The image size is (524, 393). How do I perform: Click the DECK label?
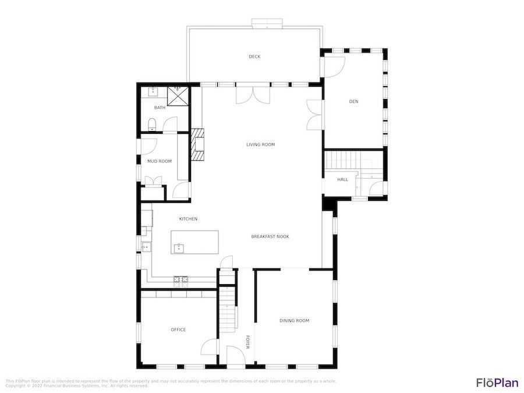(x=254, y=56)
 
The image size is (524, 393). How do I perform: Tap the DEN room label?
(x=353, y=101)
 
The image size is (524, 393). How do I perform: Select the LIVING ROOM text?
(x=260, y=144)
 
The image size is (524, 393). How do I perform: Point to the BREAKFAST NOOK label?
(x=270, y=236)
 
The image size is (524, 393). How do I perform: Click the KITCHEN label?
(x=188, y=218)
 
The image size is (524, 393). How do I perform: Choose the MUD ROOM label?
(x=160, y=161)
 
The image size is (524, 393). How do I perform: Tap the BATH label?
(x=160, y=108)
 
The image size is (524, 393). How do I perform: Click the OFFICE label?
(x=178, y=330)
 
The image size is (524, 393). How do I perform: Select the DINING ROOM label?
(x=294, y=320)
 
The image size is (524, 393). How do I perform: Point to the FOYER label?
(x=247, y=342)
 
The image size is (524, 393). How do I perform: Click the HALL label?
(x=342, y=179)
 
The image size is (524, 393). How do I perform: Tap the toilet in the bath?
(x=152, y=125)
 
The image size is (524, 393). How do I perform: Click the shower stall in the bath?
(x=178, y=95)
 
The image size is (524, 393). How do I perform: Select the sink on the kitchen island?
(x=179, y=248)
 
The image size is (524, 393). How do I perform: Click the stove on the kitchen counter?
(x=180, y=282)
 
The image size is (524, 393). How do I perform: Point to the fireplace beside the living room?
(x=197, y=144)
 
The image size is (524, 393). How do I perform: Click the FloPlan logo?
(x=497, y=383)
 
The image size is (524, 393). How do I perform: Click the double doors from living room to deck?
(x=253, y=95)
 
